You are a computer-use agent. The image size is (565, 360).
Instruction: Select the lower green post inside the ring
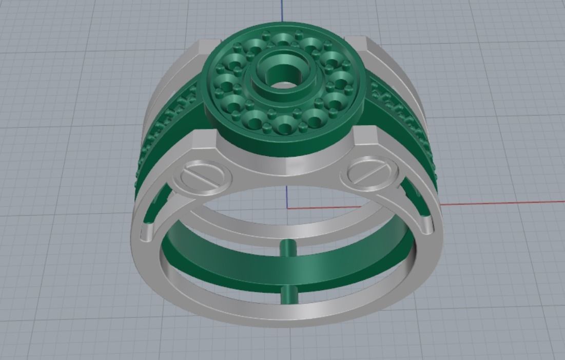(x=289, y=296)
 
